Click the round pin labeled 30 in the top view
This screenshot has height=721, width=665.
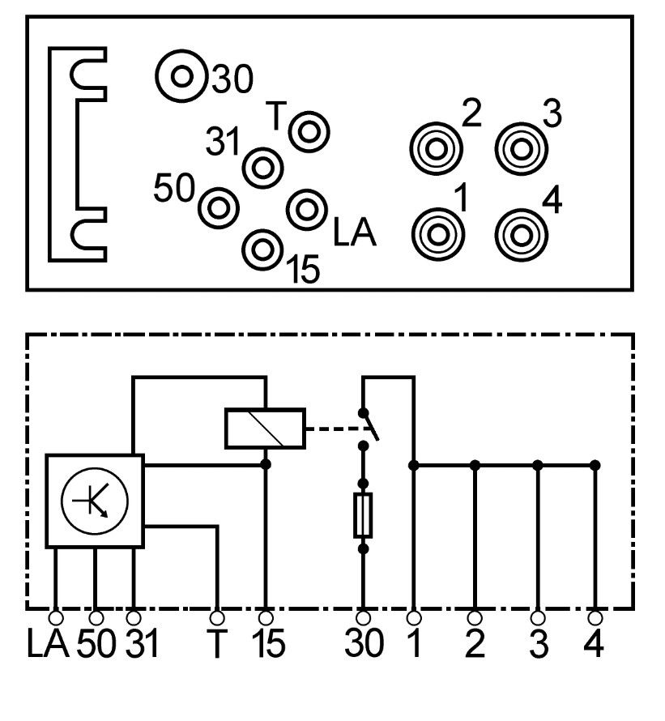(182, 78)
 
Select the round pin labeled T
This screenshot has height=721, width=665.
(309, 131)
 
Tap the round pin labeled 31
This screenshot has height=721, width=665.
(262, 167)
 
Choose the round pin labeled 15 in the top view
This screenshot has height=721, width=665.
(262, 250)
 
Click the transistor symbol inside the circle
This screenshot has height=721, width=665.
(96, 500)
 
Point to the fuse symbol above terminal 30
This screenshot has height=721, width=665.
(364, 515)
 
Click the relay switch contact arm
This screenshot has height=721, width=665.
(370, 424)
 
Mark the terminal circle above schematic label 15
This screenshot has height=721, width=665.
(266, 617)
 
